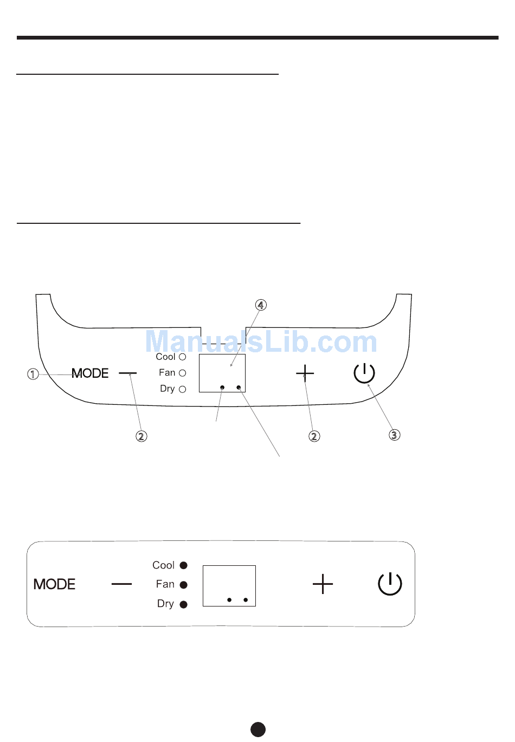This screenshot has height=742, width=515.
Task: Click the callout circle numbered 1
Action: [x=33, y=374]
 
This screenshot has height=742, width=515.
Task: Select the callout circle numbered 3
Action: [x=394, y=435]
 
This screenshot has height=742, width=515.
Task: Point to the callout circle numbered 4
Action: [x=261, y=305]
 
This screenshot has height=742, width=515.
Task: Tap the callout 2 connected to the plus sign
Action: [x=314, y=436]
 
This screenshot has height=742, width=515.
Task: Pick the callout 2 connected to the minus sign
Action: [x=141, y=436]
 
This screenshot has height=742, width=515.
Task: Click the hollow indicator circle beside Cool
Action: [x=183, y=357]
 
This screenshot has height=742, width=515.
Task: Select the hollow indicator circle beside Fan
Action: [x=183, y=373]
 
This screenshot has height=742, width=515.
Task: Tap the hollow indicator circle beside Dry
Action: [x=183, y=389]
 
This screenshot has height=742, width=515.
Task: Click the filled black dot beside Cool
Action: [x=184, y=565]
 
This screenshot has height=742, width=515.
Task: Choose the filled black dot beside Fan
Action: [x=184, y=585]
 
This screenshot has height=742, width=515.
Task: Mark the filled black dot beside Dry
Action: [x=184, y=604]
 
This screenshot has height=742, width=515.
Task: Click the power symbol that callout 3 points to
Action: [x=364, y=373]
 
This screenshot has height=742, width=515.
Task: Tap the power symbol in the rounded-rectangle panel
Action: [x=390, y=584]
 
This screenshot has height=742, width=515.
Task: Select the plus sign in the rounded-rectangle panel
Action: [x=323, y=584]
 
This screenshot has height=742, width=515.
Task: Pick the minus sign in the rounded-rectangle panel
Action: [x=122, y=584]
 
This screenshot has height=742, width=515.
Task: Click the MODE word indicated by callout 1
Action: [x=91, y=373]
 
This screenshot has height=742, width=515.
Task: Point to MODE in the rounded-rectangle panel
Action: [x=55, y=584]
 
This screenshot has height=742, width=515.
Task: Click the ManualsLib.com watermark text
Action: [x=261, y=342]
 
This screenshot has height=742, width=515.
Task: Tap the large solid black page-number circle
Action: [x=258, y=729]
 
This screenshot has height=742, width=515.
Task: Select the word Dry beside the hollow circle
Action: [x=168, y=389]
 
